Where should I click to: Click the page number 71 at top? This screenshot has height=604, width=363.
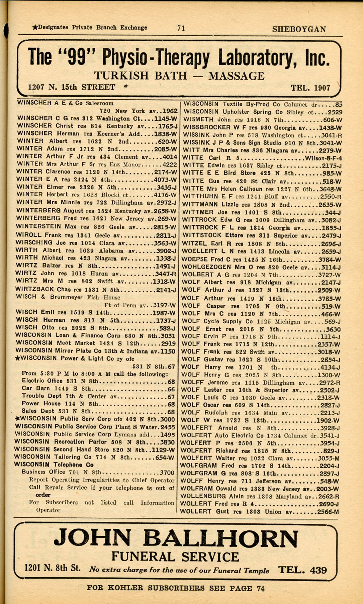click(181, 28)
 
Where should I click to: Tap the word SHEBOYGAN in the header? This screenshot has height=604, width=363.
click(299, 29)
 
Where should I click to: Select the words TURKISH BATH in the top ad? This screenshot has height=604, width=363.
click(141, 76)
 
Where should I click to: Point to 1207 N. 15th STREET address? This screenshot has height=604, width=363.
click(72, 87)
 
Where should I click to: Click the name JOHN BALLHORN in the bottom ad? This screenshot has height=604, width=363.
click(176, 538)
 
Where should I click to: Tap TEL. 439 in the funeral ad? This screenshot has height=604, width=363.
click(302, 570)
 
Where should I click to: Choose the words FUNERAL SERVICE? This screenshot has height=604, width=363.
click(175, 557)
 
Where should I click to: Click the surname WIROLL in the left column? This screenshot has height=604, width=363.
click(29, 235)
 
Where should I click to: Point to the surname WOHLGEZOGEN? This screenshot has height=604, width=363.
click(206, 267)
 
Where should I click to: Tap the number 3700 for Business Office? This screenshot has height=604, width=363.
click(167, 473)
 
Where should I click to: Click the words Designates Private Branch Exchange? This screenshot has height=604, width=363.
click(92, 27)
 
